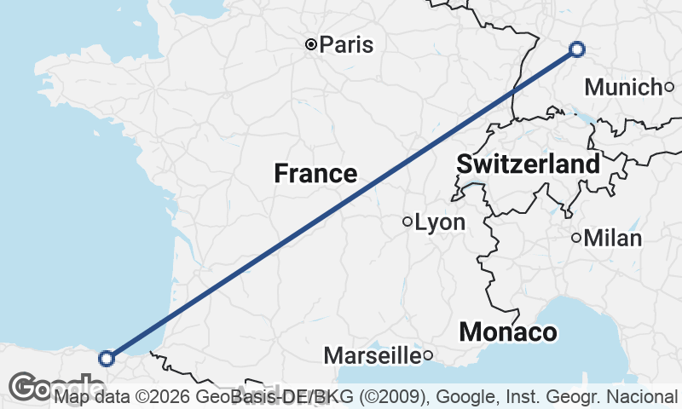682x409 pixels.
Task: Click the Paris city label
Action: click(347, 44)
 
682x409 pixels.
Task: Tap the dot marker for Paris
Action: click(312, 44)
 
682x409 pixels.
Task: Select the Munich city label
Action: click(623, 87)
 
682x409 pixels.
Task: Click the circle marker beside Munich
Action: click(669, 86)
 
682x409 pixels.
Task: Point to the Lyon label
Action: click(440, 223)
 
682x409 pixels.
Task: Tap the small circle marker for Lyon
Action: click(407, 222)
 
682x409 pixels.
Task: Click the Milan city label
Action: click(613, 239)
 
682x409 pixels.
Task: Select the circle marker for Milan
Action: click(577, 238)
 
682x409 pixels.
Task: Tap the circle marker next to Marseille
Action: click(428, 354)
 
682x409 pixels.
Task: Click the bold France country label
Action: click(315, 174)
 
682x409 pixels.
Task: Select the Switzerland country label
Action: click(529, 164)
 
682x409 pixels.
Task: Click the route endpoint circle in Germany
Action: click(577, 49)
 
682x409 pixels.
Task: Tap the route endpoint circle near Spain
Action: click(107, 359)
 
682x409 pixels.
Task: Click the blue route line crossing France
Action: click(341, 204)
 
